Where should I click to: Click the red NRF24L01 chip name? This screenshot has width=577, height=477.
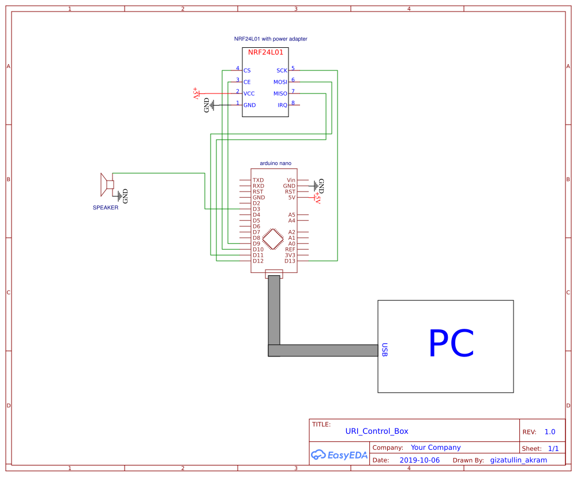[x=265, y=52]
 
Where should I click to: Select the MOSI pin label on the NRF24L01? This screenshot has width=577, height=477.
[x=280, y=82]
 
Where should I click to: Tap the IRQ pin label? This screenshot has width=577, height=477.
[x=282, y=105]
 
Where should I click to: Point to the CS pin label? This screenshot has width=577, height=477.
[x=247, y=70]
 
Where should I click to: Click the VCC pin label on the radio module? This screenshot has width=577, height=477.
[x=249, y=93]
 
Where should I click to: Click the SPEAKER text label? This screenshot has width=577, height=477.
[x=106, y=208]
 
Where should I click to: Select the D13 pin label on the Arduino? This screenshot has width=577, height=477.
[x=290, y=261]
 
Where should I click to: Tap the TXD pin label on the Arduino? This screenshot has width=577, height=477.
[x=258, y=181]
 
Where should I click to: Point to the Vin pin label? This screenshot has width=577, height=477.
[x=291, y=181]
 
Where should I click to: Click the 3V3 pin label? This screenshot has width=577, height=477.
[x=290, y=255]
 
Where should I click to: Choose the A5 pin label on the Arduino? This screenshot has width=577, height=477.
[x=291, y=215]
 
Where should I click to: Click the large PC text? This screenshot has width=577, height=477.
[x=451, y=344]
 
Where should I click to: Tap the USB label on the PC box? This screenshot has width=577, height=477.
[x=384, y=350]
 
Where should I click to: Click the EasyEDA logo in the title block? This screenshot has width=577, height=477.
[x=339, y=455]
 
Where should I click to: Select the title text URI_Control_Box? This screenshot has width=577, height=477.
[x=376, y=431]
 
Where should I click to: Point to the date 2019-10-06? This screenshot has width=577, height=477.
[x=419, y=460]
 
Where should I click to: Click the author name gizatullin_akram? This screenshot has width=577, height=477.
[x=518, y=460]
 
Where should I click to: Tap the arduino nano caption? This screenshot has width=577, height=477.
[x=275, y=163]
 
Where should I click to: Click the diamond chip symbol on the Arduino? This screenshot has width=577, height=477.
[x=272, y=238]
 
